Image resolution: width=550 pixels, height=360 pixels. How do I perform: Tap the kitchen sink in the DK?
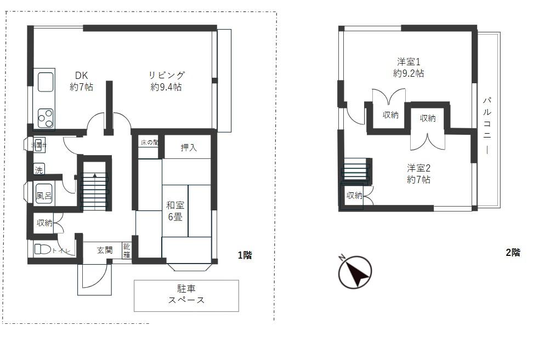(x=45, y=81)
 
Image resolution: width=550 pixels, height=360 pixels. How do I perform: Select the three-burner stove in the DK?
(x=46, y=118)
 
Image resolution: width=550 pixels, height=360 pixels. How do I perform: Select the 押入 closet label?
(x=188, y=147)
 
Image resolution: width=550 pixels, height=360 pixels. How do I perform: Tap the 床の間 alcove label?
(x=149, y=142)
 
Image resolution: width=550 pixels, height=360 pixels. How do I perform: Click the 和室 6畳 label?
(x=175, y=210)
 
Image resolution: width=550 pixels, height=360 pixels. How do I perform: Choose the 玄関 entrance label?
(x=105, y=250)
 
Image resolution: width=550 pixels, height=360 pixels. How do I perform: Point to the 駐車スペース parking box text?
(x=186, y=295)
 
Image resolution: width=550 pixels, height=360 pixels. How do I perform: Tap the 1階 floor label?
(x=245, y=255)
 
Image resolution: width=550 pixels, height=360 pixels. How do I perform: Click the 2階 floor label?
(x=512, y=253)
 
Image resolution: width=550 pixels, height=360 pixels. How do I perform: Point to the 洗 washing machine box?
(x=38, y=169)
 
